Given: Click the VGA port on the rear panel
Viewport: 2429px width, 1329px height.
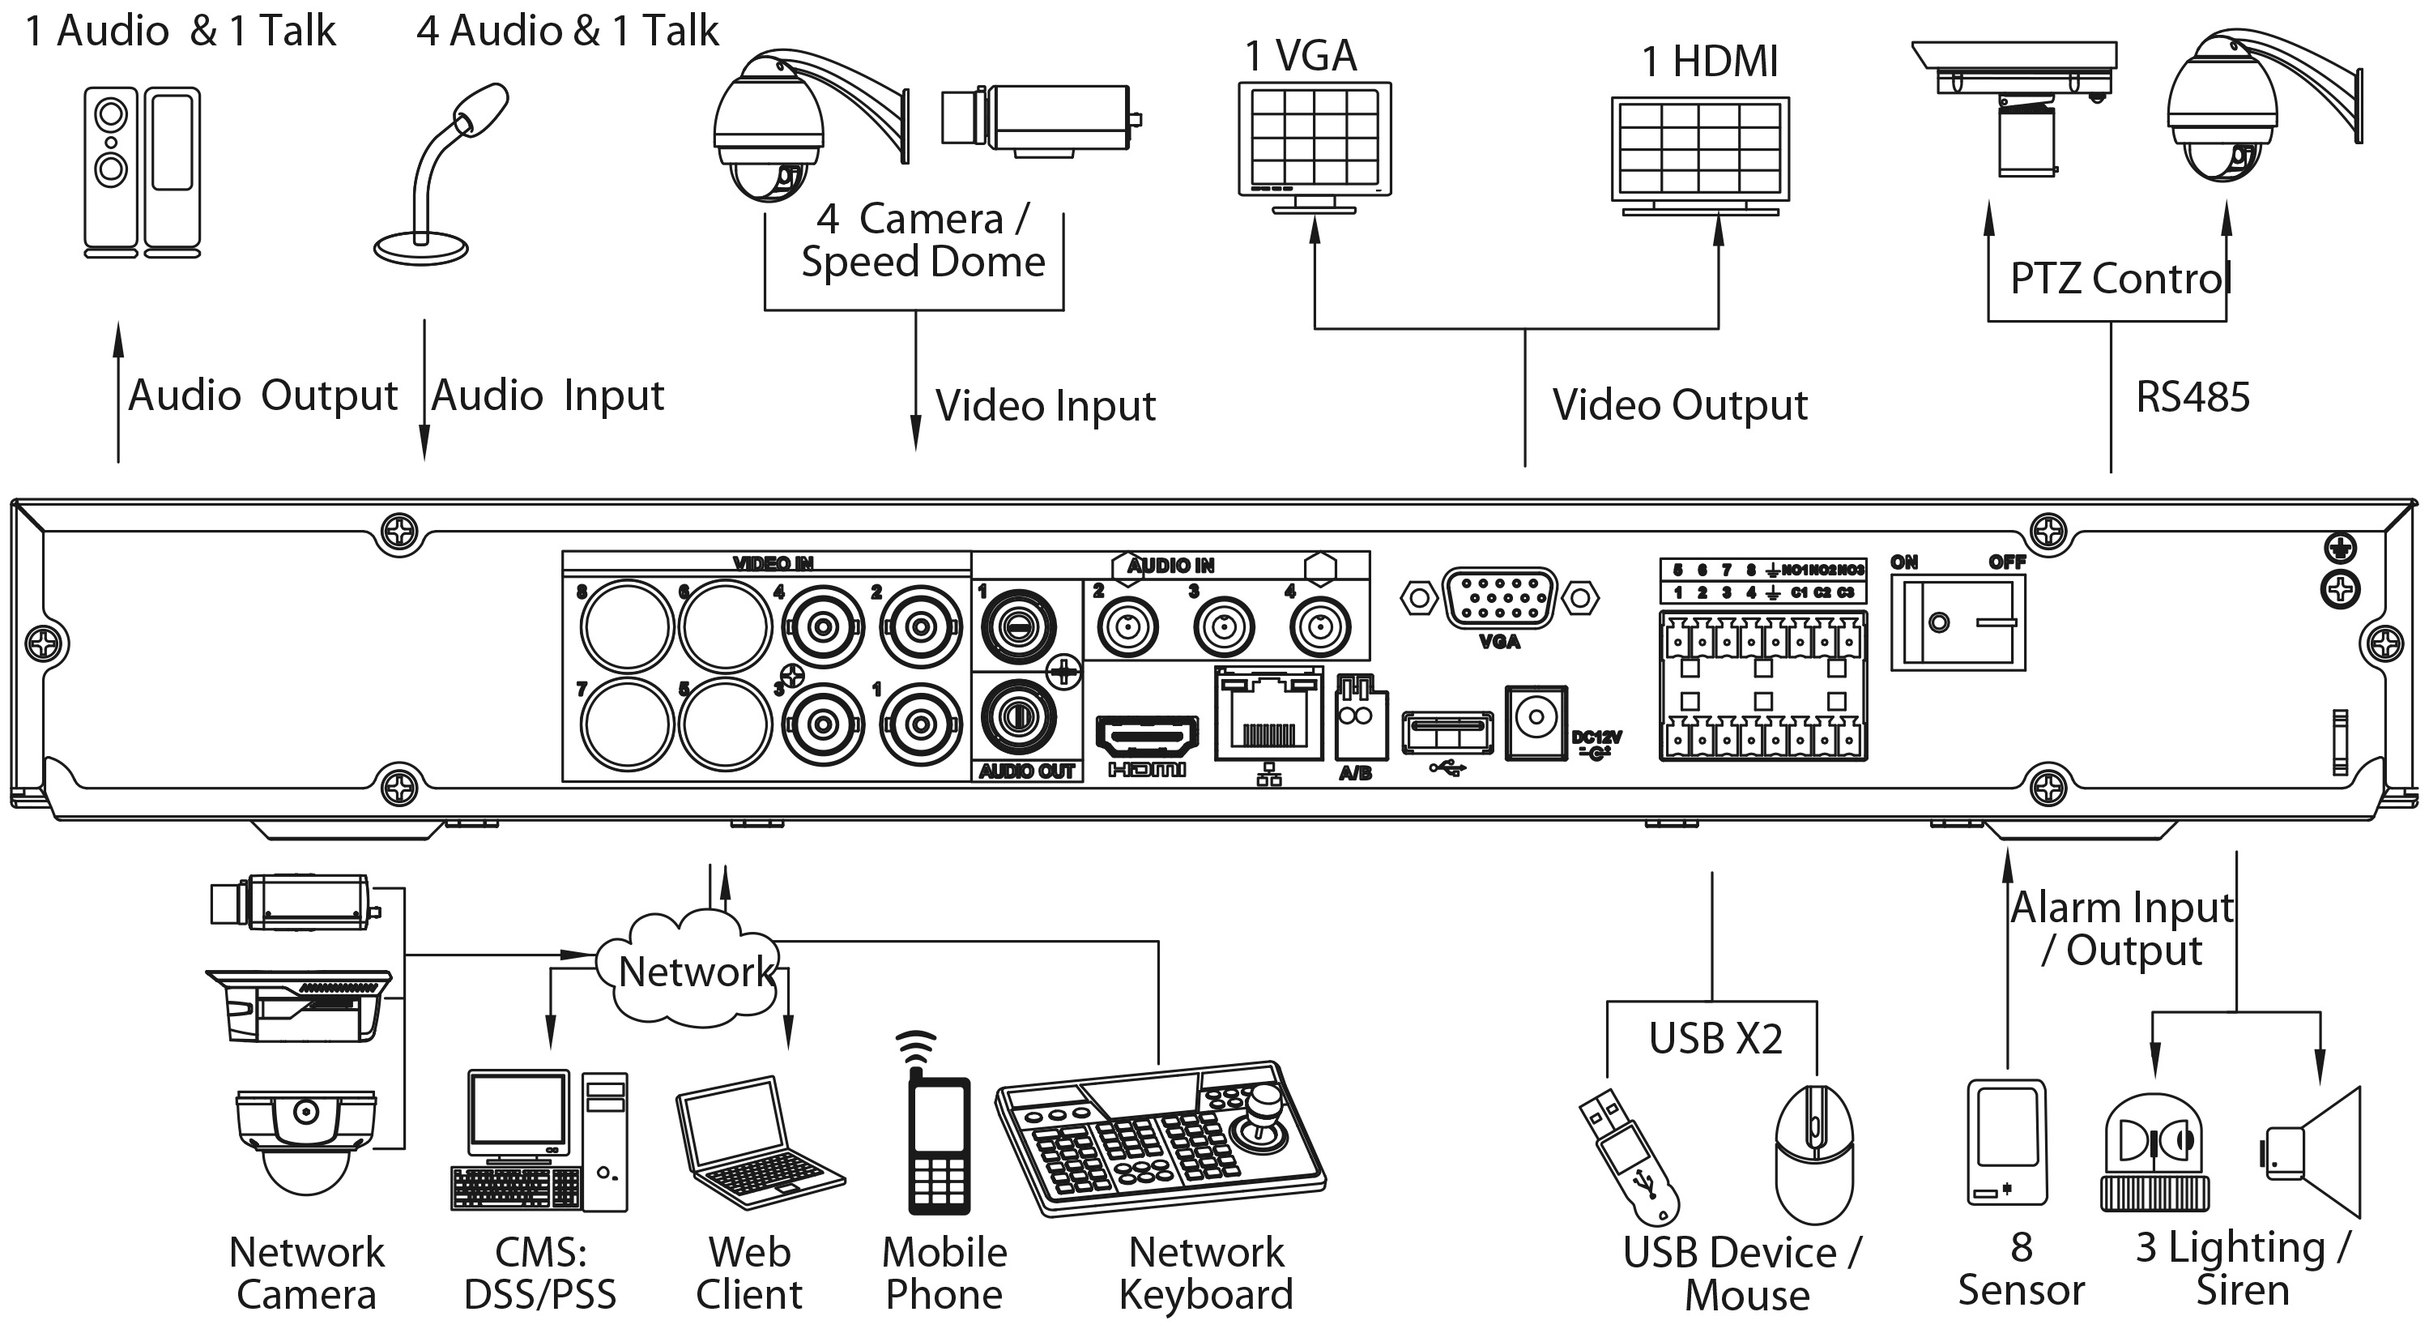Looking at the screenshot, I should coord(1499,597).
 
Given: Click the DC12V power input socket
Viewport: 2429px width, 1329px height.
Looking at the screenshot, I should coord(1536,721).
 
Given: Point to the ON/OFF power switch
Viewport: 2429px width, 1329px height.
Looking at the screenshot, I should coord(1958,623).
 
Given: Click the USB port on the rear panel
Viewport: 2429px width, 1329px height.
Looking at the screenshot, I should coord(1447,733).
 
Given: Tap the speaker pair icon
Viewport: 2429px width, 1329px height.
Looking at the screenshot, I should coord(143,172).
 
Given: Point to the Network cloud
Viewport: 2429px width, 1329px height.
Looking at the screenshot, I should coord(695,972).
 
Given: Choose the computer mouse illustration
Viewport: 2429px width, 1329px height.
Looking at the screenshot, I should coord(1814,1155).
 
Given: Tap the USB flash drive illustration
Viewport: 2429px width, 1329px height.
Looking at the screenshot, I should coord(1629,1156).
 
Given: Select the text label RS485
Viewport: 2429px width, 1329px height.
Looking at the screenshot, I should coord(2192,397).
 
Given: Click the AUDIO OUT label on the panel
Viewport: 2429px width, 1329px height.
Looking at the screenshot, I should coord(1027,771).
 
